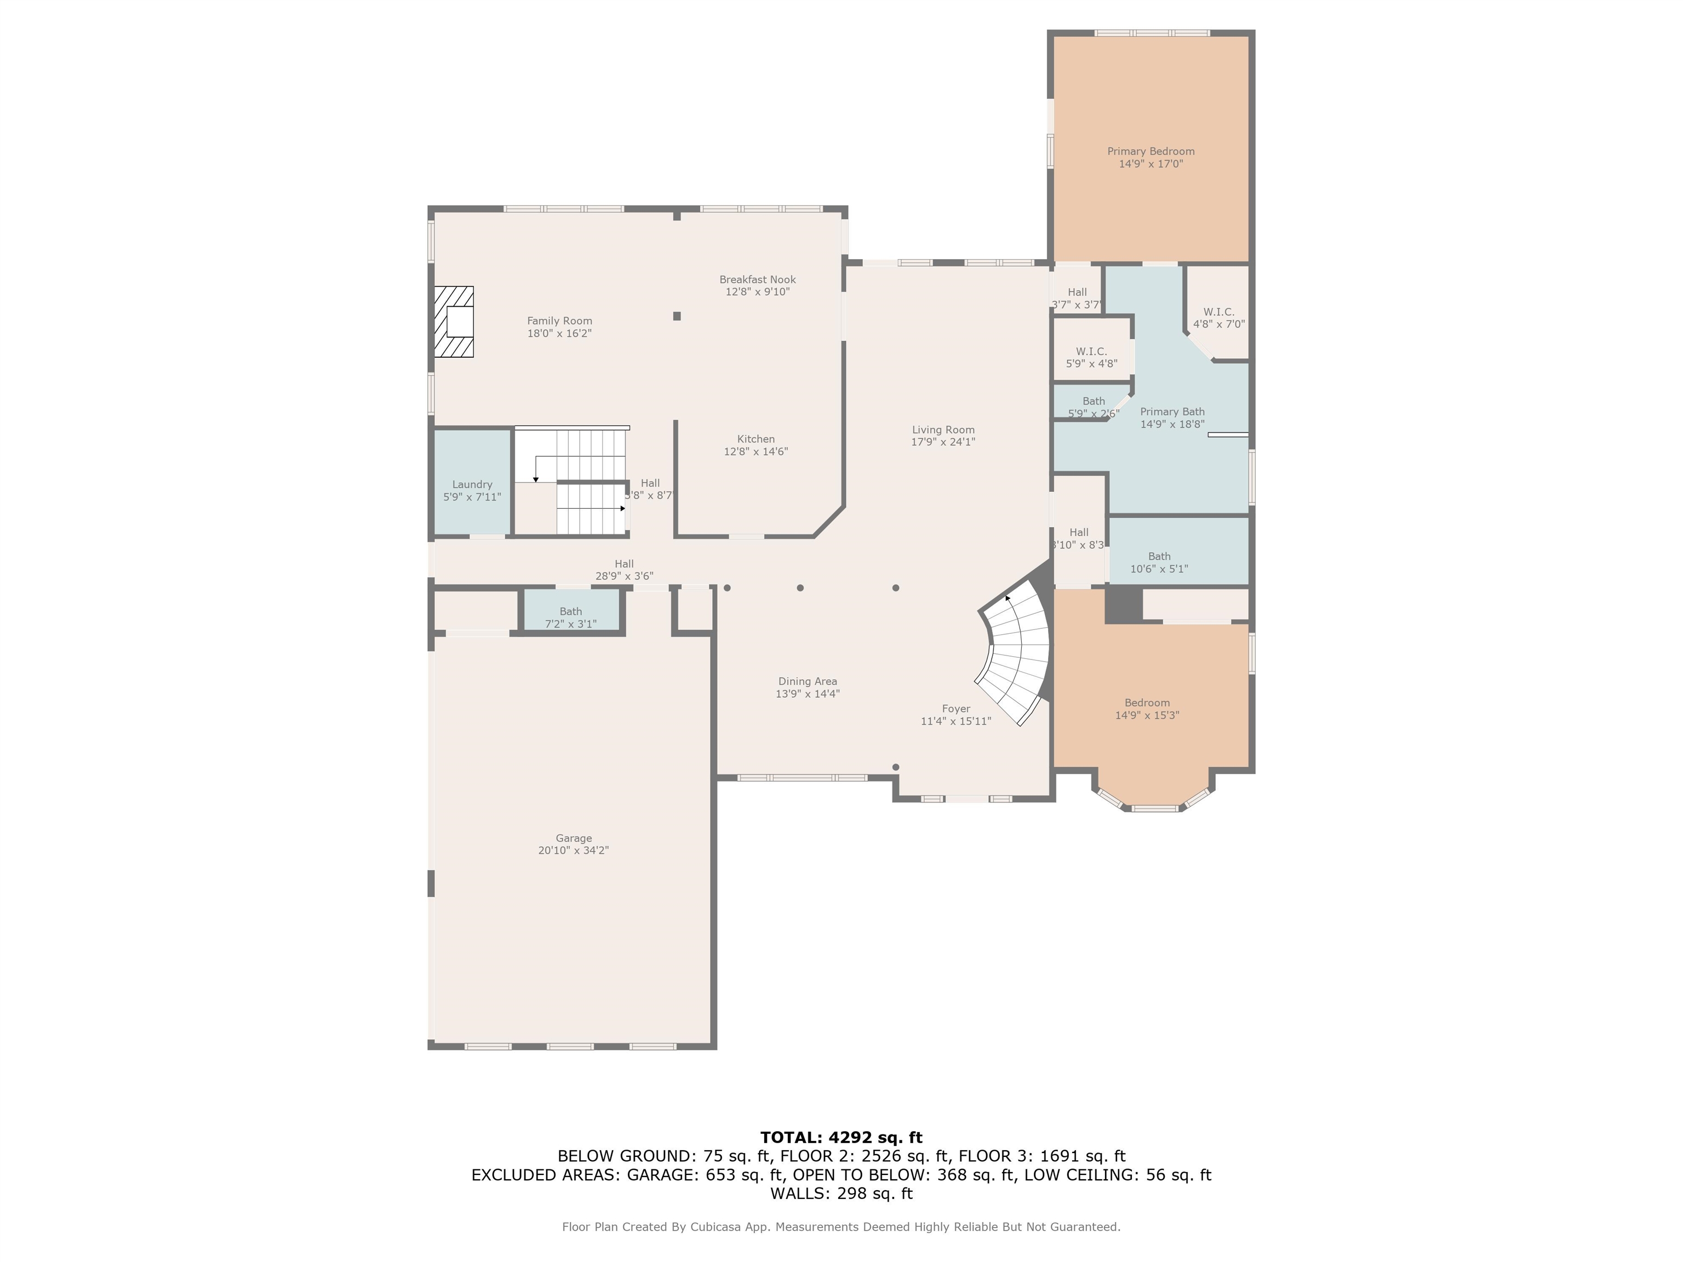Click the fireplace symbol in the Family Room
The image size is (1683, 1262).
[x=454, y=322]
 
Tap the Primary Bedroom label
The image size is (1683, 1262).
[x=1150, y=151]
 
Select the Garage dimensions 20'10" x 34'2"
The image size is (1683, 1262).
[x=573, y=851]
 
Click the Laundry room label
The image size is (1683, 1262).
[x=472, y=485]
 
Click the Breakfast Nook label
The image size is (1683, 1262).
[x=757, y=280]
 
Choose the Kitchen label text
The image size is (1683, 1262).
[x=755, y=439]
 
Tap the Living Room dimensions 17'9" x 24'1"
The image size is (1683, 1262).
[x=943, y=442]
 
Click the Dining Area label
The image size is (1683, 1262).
[x=808, y=681]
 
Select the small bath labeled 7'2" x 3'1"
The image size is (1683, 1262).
[x=571, y=618]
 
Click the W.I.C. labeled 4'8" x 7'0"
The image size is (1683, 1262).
[x=1218, y=318]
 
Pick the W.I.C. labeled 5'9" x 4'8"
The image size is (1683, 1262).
[x=1091, y=358]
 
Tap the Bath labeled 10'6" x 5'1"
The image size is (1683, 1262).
[x=1159, y=562]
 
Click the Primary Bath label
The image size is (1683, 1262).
[x=1172, y=411]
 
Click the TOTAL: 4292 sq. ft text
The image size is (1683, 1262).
[x=841, y=1137]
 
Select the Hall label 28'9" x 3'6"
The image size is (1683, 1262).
[x=624, y=570]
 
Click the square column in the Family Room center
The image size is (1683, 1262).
[x=677, y=315]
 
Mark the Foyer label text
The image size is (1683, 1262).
[x=955, y=709]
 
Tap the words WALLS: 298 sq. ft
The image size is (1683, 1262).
[x=841, y=1194]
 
